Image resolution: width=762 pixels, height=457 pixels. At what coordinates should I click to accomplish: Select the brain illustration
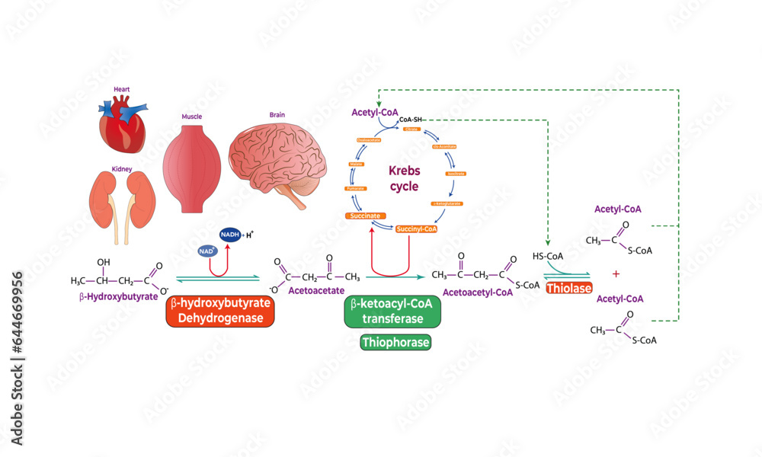280,156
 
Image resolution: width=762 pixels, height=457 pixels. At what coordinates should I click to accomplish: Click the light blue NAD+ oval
203,249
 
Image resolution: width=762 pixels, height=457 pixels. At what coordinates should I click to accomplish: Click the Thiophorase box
395,343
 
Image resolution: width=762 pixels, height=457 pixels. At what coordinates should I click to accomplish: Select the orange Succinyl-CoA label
415,228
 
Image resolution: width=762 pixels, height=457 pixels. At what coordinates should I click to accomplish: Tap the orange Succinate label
364,216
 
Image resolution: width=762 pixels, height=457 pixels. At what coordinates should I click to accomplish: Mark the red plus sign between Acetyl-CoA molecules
616,273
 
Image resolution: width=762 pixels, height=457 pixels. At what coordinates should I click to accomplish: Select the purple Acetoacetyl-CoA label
478,290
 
